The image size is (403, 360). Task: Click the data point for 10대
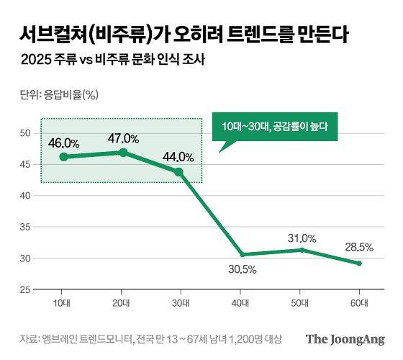click(63, 156)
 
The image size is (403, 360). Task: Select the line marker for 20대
click(123, 152)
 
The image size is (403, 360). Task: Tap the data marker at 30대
click(179, 172)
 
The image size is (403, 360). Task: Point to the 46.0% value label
click(63, 143)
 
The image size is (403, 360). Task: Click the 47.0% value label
click(123, 138)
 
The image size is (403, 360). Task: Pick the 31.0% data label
click(302, 238)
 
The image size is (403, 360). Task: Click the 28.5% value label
click(358, 247)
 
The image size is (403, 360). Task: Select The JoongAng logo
click(345, 339)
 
